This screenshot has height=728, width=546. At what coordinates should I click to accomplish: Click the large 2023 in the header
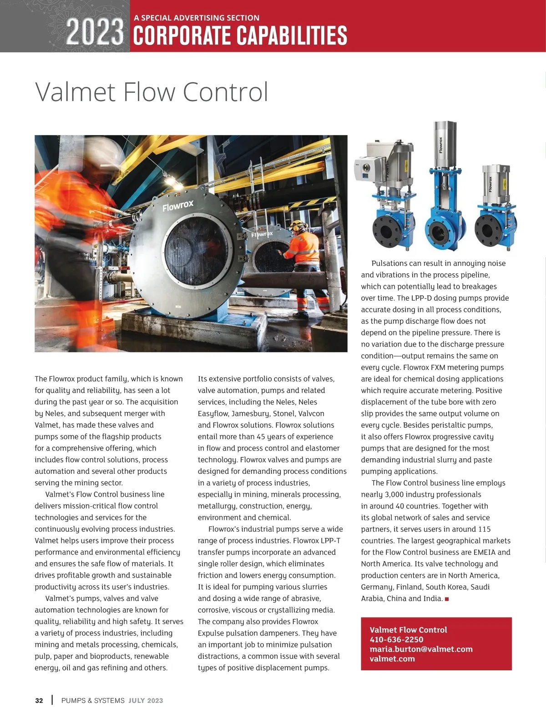[x=95, y=32]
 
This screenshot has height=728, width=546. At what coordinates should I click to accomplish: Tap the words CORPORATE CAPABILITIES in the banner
[x=240, y=36]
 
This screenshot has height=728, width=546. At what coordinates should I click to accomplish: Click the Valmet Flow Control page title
[x=152, y=92]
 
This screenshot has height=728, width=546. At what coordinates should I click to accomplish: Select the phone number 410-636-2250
[x=396, y=640]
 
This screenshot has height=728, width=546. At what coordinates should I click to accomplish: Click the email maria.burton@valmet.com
[x=421, y=649]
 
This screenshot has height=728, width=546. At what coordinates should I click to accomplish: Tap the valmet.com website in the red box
[x=392, y=659]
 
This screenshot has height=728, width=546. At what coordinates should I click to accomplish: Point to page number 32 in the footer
[x=39, y=701]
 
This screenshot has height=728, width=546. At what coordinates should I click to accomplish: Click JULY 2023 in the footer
[x=146, y=701]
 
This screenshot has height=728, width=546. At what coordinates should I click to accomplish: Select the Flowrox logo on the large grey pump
[x=178, y=206]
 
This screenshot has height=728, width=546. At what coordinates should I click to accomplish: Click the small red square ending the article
[x=447, y=599]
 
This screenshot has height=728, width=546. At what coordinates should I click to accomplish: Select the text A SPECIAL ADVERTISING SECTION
[x=197, y=18]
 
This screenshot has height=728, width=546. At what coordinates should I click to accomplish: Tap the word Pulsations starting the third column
[x=389, y=263]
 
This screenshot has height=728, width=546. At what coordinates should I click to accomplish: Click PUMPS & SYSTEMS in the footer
[x=93, y=701]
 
